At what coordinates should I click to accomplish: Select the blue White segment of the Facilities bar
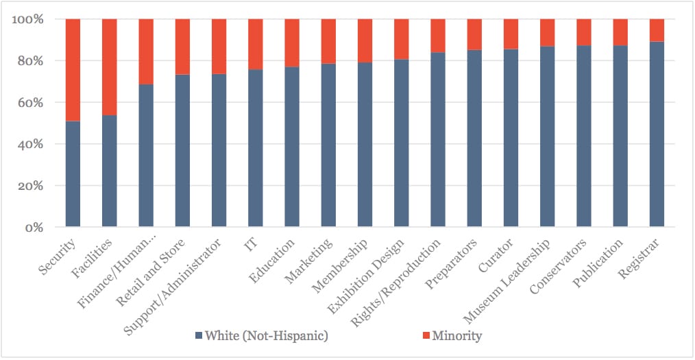tap(109, 171)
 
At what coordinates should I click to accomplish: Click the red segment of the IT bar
tap(255, 45)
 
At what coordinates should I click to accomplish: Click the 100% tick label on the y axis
tap(29, 19)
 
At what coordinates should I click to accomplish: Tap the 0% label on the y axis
tap(34, 228)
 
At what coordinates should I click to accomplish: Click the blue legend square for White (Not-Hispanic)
tap(199, 336)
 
